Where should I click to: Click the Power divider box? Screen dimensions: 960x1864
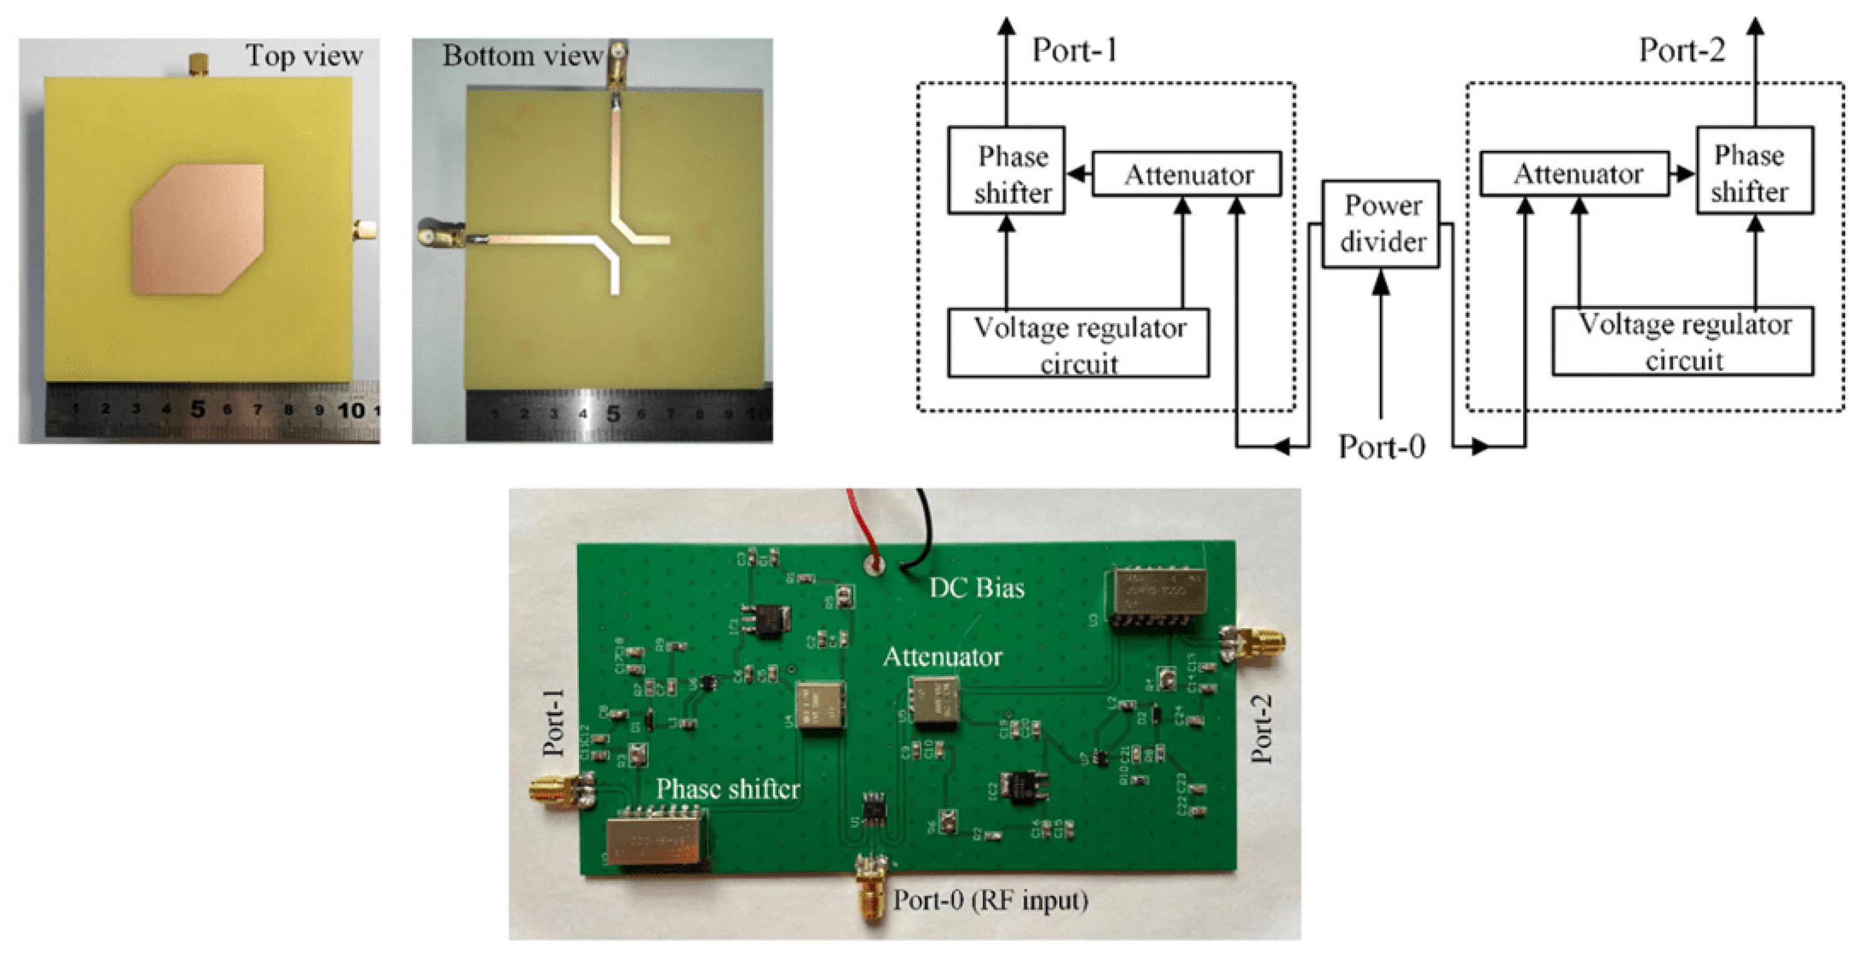click(1380, 224)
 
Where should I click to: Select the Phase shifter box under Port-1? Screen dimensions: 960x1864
click(1006, 171)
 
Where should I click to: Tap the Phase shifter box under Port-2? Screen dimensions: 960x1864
click(1754, 171)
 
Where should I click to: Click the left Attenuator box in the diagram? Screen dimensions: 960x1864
click(1186, 174)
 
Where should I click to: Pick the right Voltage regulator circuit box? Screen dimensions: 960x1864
click(1682, 341)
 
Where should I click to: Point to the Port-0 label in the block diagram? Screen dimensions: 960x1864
click(1380, 446)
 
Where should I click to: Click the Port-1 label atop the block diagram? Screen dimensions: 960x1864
click(1075, 50)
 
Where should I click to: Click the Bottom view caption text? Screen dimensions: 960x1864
click(523, 56)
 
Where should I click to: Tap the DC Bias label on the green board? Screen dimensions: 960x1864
click(976, 587)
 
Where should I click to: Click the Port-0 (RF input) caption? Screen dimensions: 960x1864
click(990, 900)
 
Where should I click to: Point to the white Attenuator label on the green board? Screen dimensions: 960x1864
click(942, 657)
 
